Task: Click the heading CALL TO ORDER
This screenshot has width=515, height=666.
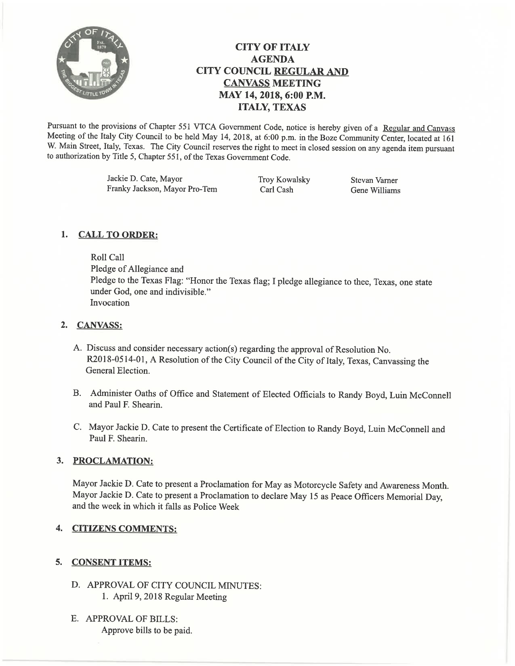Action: coord(118,235)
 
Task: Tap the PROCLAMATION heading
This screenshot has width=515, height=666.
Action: coord(113,461)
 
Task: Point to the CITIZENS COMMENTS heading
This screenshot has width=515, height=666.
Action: coord(124,529)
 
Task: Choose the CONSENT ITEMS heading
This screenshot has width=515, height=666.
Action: coord(111,562)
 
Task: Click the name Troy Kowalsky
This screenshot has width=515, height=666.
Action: coord(284,180)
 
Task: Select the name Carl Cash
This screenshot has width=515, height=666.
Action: coord(277,190)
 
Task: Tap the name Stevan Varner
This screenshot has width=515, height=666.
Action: coord(374,180)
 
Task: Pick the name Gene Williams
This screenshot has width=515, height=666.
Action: coord(375,191)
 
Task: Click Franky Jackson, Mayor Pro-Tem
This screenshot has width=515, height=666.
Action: coord(162,189)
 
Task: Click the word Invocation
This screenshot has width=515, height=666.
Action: coord(110,303)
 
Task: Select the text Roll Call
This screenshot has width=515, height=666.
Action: coord(107,258)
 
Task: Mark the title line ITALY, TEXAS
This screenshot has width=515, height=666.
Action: coord(272,107)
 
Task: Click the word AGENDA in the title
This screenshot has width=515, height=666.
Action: coord(272,59)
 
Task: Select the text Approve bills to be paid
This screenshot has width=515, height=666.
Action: coord(147,630)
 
